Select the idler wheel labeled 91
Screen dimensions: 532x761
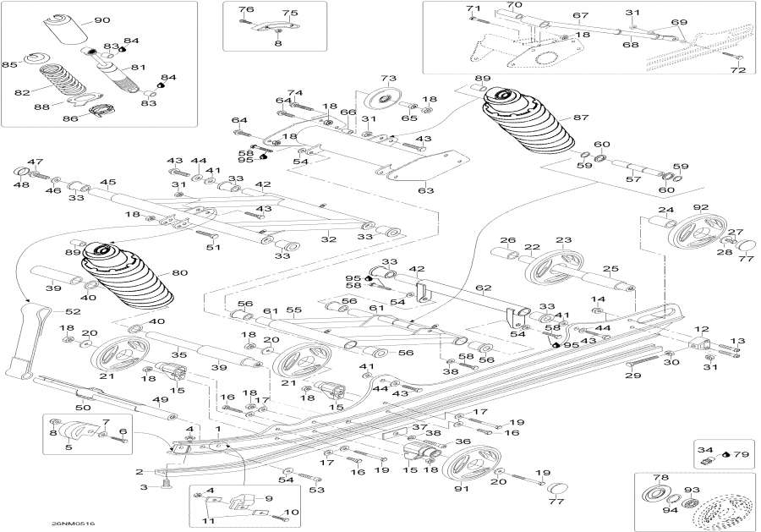coord(470,465)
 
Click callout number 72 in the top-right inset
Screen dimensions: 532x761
coord(738,70)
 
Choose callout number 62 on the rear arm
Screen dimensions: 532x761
coord(483,288)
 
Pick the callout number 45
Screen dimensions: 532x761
coord(108,182)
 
